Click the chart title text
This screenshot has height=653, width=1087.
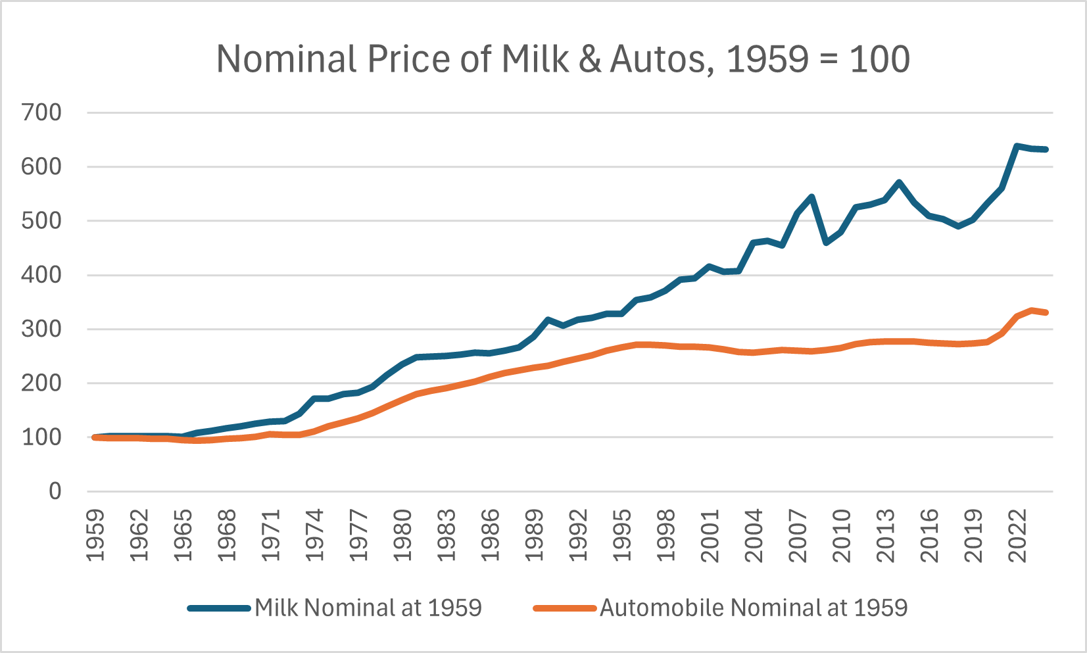pos(563,59)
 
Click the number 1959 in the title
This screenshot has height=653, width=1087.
pos(767,59)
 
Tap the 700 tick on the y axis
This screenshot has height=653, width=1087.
pos(41,112)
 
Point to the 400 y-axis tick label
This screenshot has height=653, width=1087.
pos(41,275)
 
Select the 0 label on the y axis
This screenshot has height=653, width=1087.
pos(55,491)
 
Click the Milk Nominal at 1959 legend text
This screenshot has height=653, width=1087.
pos(368,608)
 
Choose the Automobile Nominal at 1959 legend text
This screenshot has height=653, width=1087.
pos(754,608)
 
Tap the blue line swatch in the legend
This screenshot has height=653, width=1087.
pos(219,608)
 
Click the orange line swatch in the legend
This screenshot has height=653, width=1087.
pos(564,608)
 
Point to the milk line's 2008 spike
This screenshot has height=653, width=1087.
pos(812,197)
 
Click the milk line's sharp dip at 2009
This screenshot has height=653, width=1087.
pos(827,243)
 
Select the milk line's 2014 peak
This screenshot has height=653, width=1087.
pos(900,182)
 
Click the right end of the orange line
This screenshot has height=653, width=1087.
pos(1046,312)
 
